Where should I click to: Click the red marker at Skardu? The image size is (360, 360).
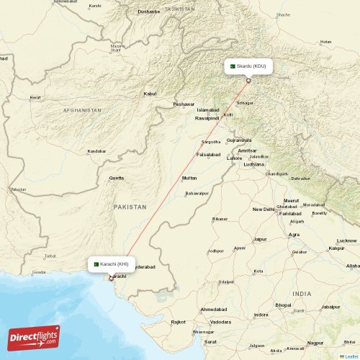[x=248, y=80]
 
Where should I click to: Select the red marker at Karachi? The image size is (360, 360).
[x=110, y=279]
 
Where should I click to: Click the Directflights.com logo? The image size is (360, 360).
[x=35, y=338]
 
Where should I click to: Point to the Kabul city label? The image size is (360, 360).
[x=150, y=94]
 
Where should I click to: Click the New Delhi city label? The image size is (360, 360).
[x=264, y=209]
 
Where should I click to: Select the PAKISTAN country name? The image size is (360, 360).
[x=130, y=207]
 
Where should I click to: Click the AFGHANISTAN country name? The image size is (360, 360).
[x=82, y=109]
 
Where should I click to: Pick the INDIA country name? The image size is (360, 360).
[x=302, y=294]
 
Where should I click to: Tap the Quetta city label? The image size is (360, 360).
[x=116, y=177]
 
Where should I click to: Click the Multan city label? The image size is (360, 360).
[x=189, y=177]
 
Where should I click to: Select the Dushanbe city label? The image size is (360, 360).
[x=149, y=12]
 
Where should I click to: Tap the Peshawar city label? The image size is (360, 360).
[x=184, y=104]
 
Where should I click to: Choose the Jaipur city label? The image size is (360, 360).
[x=260, y=239]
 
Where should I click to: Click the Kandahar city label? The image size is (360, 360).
[x=96, y=151]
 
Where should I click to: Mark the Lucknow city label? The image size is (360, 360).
[x=346, y=240]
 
